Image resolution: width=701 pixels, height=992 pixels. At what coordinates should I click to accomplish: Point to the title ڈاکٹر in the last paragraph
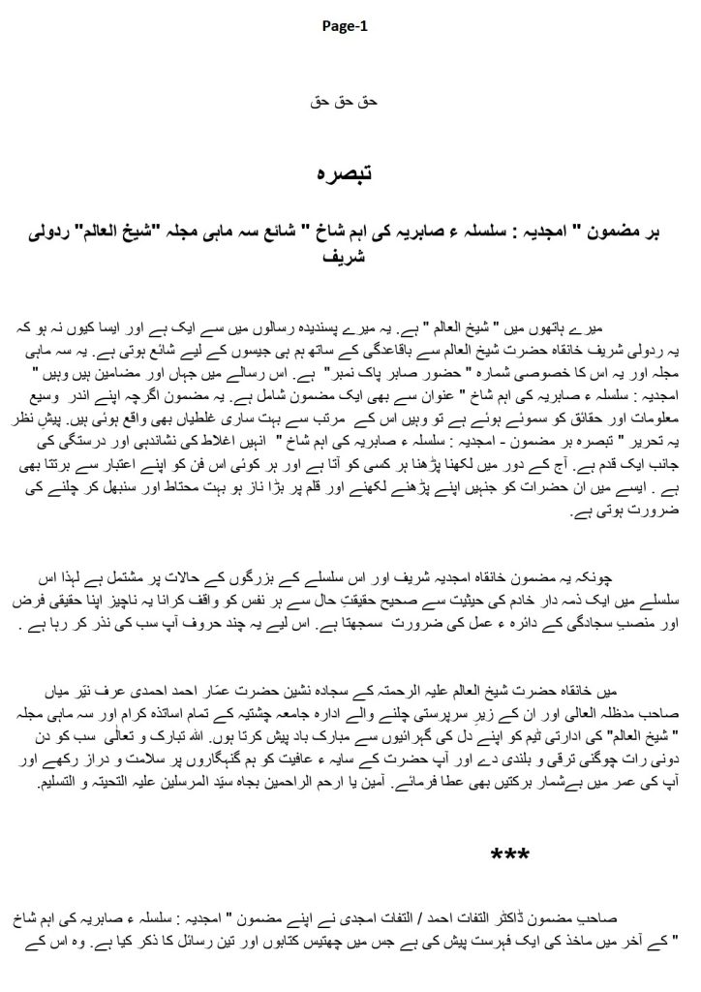click(x=534, y=914)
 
